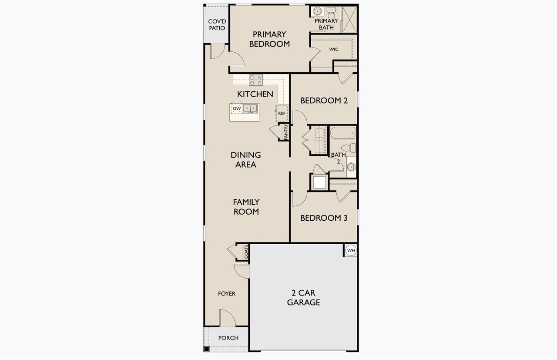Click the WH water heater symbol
(351, 251)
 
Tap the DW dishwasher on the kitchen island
(237, 108)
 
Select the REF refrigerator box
(282, 114)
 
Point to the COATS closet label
(246, 252)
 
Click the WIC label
(333, 49)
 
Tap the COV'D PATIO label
(217, 25)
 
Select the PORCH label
(228, 338)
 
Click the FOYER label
(227, 294)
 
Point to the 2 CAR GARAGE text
(303, 298)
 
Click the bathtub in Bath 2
(342, 133)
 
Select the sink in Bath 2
(351, 166)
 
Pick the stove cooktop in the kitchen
(255, 80)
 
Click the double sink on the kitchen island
(250, 108)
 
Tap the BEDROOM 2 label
(324, 101)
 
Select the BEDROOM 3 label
(324, 218)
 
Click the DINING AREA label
(246, 160)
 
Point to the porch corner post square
(206, 349)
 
